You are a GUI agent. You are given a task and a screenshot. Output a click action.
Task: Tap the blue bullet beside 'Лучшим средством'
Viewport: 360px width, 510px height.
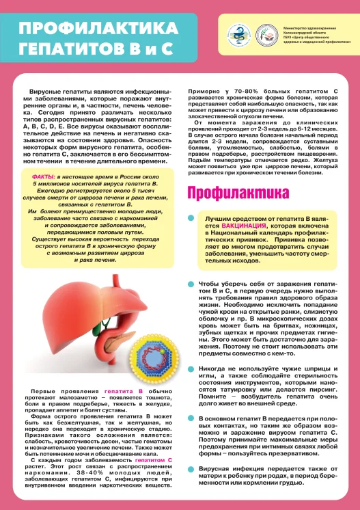click(192, 218)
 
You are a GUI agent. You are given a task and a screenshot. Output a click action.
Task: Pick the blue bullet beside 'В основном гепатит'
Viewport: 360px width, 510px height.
click(192, 416)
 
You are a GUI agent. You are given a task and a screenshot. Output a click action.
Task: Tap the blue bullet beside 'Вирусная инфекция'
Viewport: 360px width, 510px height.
click(192, 469)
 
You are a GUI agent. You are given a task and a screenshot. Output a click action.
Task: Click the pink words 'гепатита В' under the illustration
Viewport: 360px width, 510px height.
click(124, 390)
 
